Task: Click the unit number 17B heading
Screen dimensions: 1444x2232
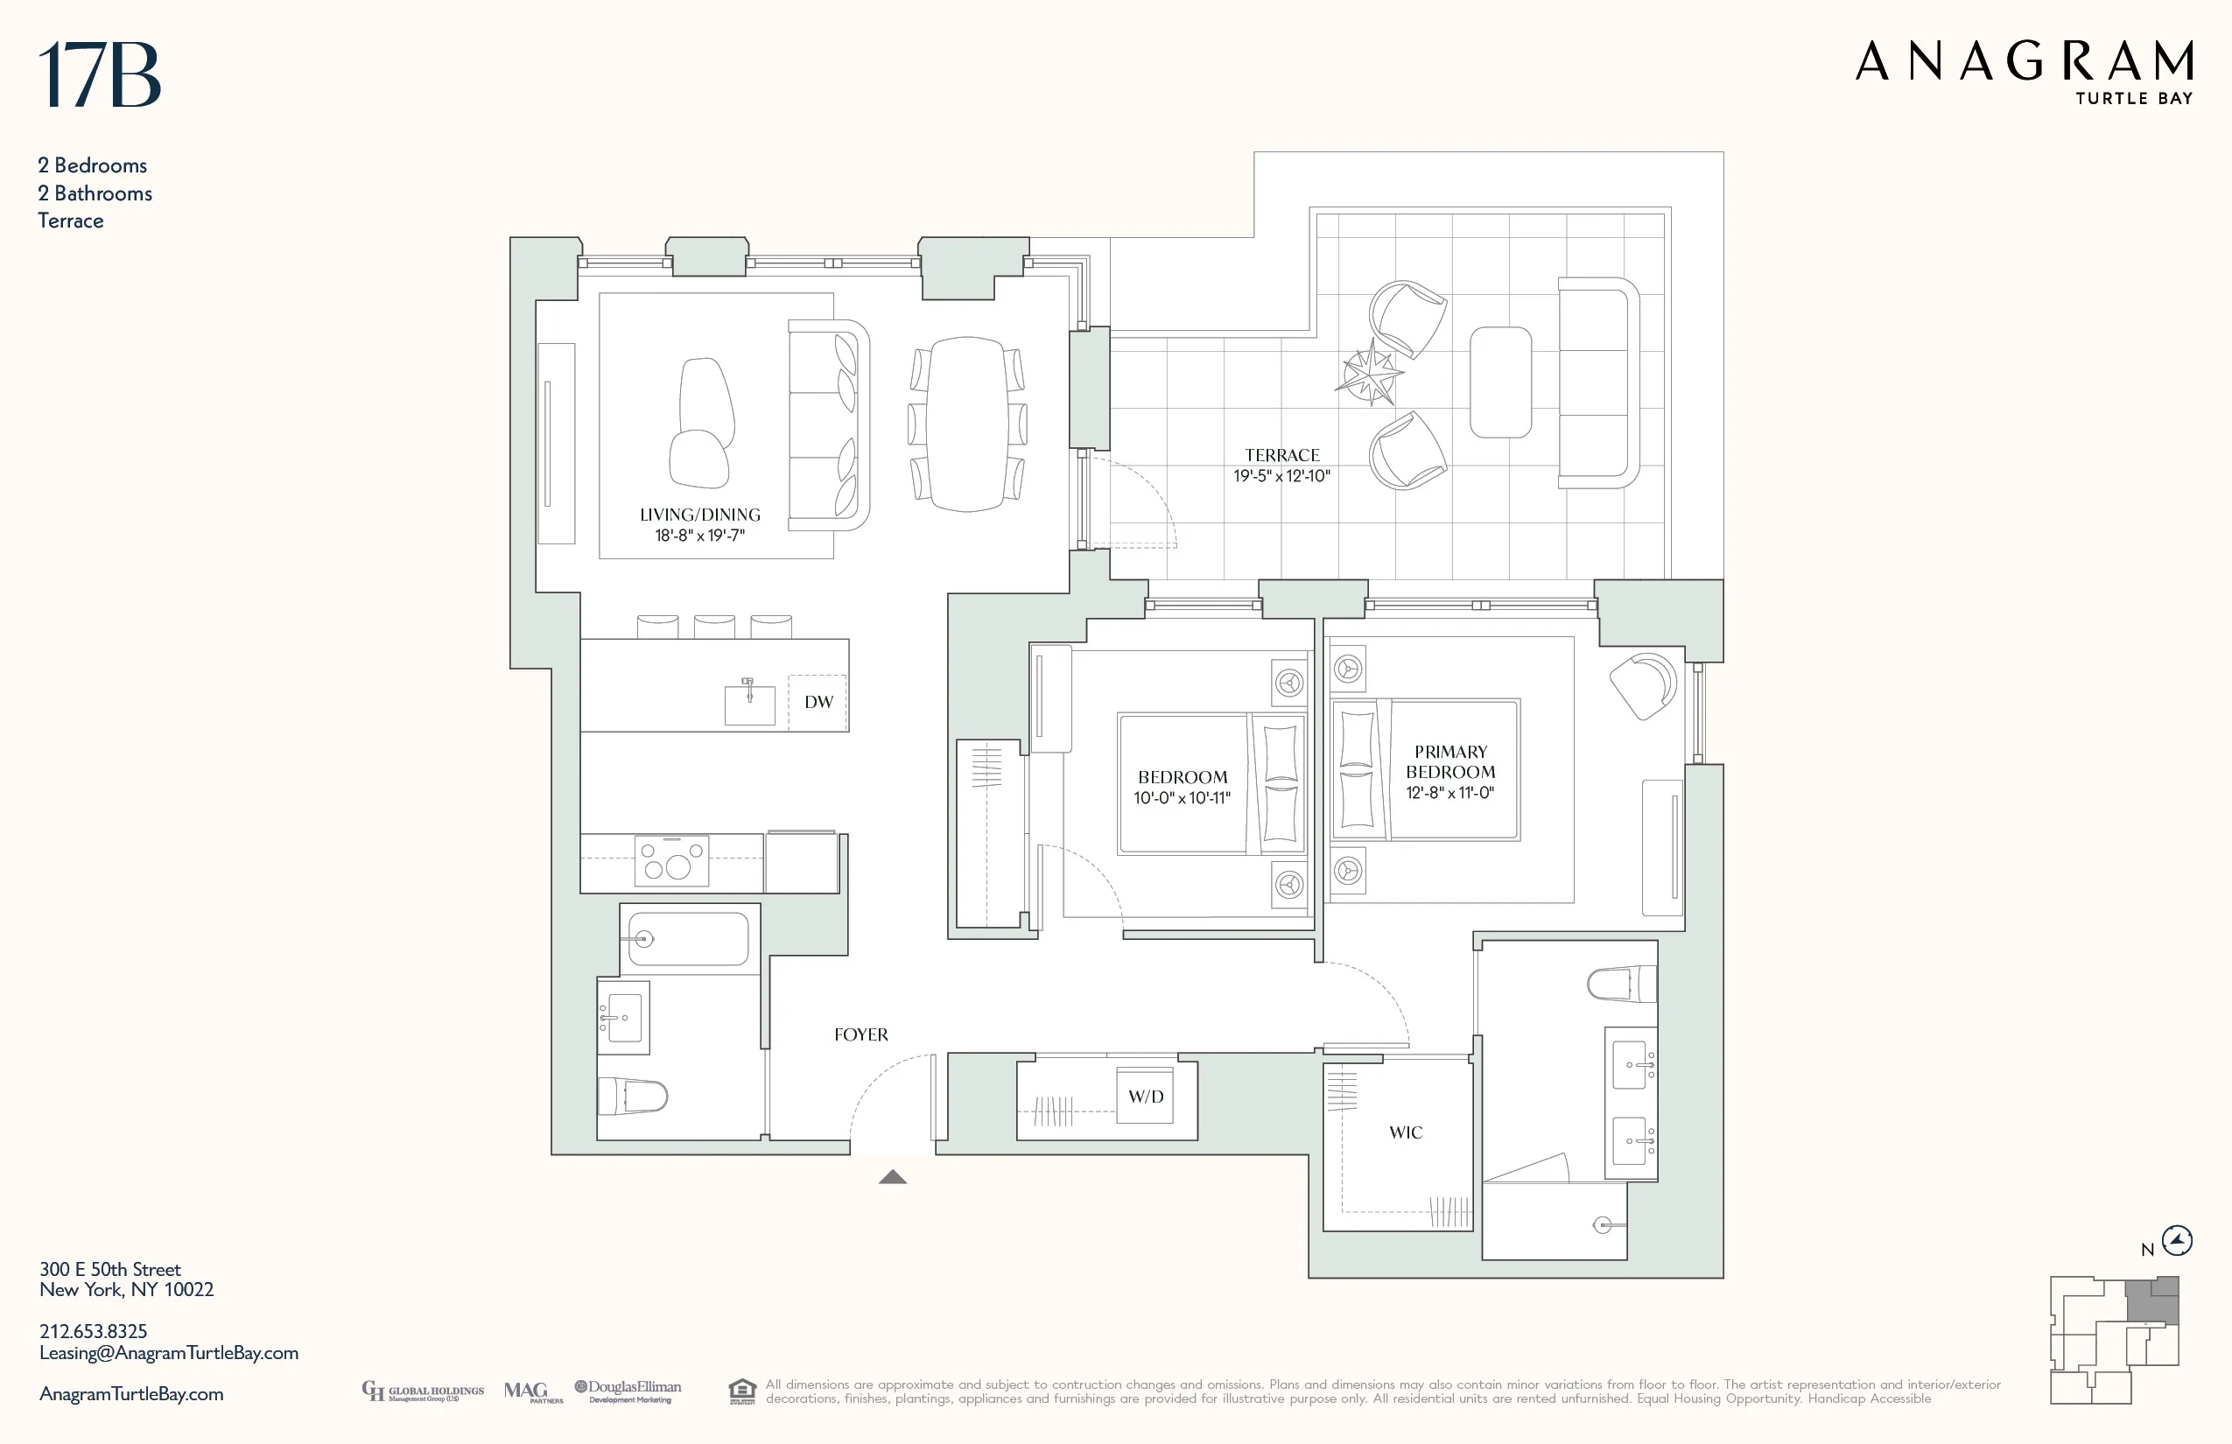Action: point(100,75)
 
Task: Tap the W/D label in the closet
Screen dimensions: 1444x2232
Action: point(1145,1096)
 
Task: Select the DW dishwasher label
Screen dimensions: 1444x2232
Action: point(818,701)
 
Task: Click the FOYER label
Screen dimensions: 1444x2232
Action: point(860,1034)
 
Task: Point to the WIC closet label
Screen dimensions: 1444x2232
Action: point(1405,1132)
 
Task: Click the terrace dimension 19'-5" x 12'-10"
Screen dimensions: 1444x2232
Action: point(1281,476)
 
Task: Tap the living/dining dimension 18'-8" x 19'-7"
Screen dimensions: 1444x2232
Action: point(699,536)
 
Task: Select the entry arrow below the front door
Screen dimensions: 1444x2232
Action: point(892,1177)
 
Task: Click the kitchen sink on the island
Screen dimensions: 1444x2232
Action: point(749,704)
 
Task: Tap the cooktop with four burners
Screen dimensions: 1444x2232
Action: point(671,859)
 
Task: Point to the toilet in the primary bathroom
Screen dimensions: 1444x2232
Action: point(1621,985)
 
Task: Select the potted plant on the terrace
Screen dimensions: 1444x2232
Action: point(1369,373)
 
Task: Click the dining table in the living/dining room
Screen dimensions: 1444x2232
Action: point(968,424)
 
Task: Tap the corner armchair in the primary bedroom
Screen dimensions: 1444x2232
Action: point(1642,684)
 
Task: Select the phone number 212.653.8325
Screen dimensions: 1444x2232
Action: point(93,1330)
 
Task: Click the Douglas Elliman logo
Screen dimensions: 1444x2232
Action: point(628,1391)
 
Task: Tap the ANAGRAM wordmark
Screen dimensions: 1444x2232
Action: point(2024,62)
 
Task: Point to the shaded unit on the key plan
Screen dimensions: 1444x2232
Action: point(2151,1301)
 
